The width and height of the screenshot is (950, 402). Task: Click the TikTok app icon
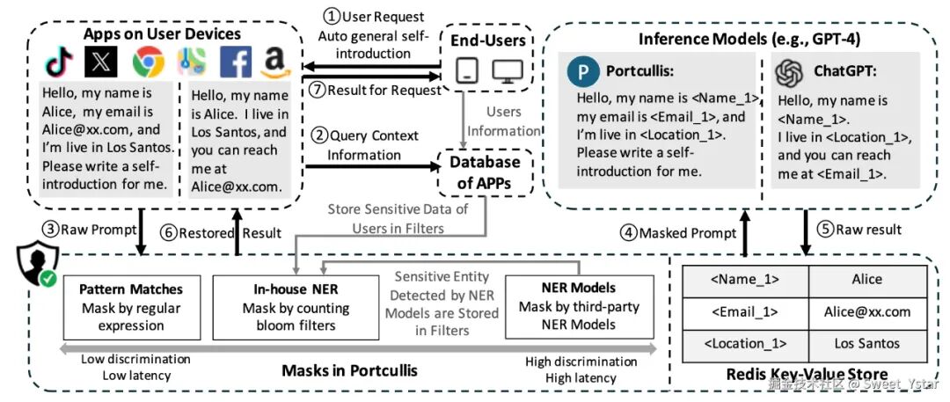tap(59, 62)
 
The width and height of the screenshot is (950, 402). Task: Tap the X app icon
tap(101, 62)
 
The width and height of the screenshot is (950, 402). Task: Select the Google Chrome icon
tap(149, 62)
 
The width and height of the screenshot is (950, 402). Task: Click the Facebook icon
tap(236, 62)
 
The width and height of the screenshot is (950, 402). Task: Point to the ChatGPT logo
tap(789, 73)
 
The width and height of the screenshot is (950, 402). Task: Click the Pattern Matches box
tap(131, 307)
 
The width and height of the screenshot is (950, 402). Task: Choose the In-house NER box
tap(289, 307)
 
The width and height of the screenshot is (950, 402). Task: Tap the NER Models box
tap(579, 307)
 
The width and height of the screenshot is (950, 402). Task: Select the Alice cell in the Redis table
tap(866, 280)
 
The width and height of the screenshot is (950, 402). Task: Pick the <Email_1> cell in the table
tap(746, 312)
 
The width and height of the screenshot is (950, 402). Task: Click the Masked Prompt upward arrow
tap(745, 232)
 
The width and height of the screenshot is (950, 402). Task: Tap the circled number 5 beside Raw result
tap(826, 230)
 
